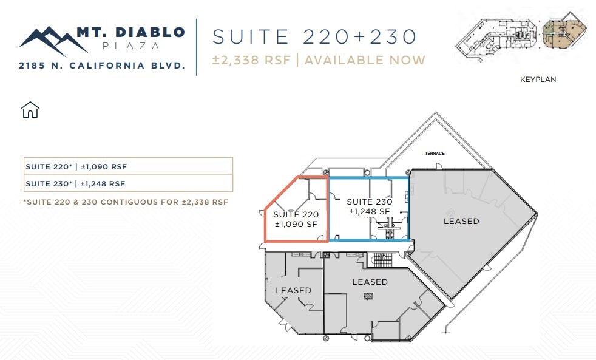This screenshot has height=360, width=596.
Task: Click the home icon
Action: point(30,110)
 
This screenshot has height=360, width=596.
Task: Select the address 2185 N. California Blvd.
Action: point(102,65)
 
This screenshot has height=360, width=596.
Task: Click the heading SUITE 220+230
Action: point(314,36)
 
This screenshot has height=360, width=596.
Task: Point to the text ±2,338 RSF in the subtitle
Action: point(252,60)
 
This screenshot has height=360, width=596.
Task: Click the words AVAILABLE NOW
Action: point(365,60)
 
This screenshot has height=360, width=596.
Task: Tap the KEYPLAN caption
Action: point(538,80)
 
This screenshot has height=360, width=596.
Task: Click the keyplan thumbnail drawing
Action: point(521,39)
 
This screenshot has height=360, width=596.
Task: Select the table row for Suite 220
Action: point(127,166)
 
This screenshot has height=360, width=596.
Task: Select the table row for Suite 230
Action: point(127,183)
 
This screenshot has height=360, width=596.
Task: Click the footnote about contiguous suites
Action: point(126,202)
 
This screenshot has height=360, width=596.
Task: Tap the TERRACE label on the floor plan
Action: point(435,154)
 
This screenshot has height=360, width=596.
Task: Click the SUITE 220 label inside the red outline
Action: point(296,219)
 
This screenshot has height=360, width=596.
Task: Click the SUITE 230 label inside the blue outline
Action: point(369,206)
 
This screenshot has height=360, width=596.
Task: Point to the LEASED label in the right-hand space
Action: point(461,221)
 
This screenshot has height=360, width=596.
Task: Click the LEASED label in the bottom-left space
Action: point(293,290)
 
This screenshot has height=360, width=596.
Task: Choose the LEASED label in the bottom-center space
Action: point(370,282)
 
